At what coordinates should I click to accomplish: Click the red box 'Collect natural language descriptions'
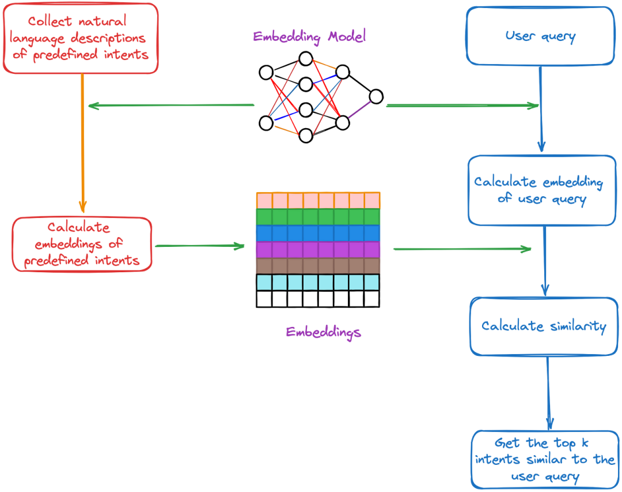point(80,38)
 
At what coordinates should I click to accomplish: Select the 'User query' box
point(540,36)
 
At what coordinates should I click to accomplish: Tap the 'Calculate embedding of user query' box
point(541,190)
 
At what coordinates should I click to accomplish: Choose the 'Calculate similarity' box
point(544,326)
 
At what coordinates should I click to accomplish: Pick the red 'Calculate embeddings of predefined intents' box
point(82,245)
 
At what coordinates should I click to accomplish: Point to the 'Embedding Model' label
point(309,37)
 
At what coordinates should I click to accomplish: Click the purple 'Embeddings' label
point(323,332)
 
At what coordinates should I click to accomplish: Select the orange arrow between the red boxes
point(82,144)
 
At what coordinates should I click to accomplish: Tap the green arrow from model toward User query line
point(461,106)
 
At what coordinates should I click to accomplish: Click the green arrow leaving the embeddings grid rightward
point(461,249)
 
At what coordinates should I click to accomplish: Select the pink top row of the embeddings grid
point(318,200)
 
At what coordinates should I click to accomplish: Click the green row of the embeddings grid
point(318,217)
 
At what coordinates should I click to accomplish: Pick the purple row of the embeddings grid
point(318,249)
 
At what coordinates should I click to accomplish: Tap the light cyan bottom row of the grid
point(318,282)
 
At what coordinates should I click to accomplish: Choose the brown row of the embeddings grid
point(318,266)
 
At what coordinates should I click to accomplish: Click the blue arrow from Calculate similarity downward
point(548,392)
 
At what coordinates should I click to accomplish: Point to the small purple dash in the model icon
point(359,110)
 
